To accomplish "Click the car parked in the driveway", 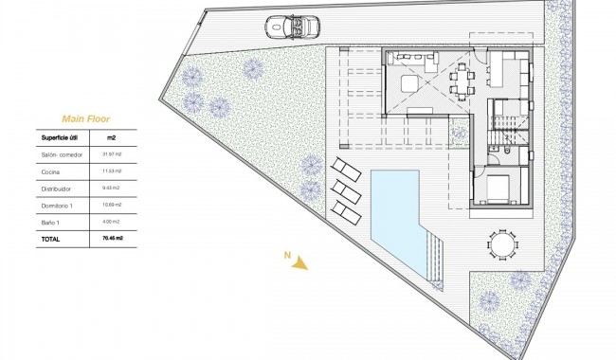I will point(288,27).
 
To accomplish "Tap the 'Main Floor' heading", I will point(85,118).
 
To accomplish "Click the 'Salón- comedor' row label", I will point(59,154).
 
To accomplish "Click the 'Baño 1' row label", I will point(50,222).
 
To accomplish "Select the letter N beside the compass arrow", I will point(284,254).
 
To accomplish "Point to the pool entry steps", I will point(435,256).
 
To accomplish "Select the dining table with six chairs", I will point(463,80).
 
